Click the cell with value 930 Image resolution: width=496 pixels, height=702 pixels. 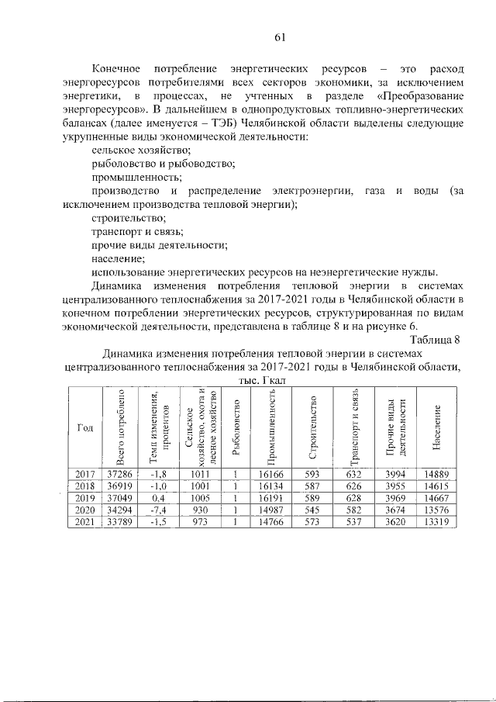tap(195, 509)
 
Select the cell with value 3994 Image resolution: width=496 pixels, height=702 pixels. tap(395, 474)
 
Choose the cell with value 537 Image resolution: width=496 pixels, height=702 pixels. tap(354, 521)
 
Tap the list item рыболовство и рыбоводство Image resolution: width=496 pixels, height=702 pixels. tap(164, 163)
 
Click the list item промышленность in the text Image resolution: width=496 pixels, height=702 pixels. tap(132, 176)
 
